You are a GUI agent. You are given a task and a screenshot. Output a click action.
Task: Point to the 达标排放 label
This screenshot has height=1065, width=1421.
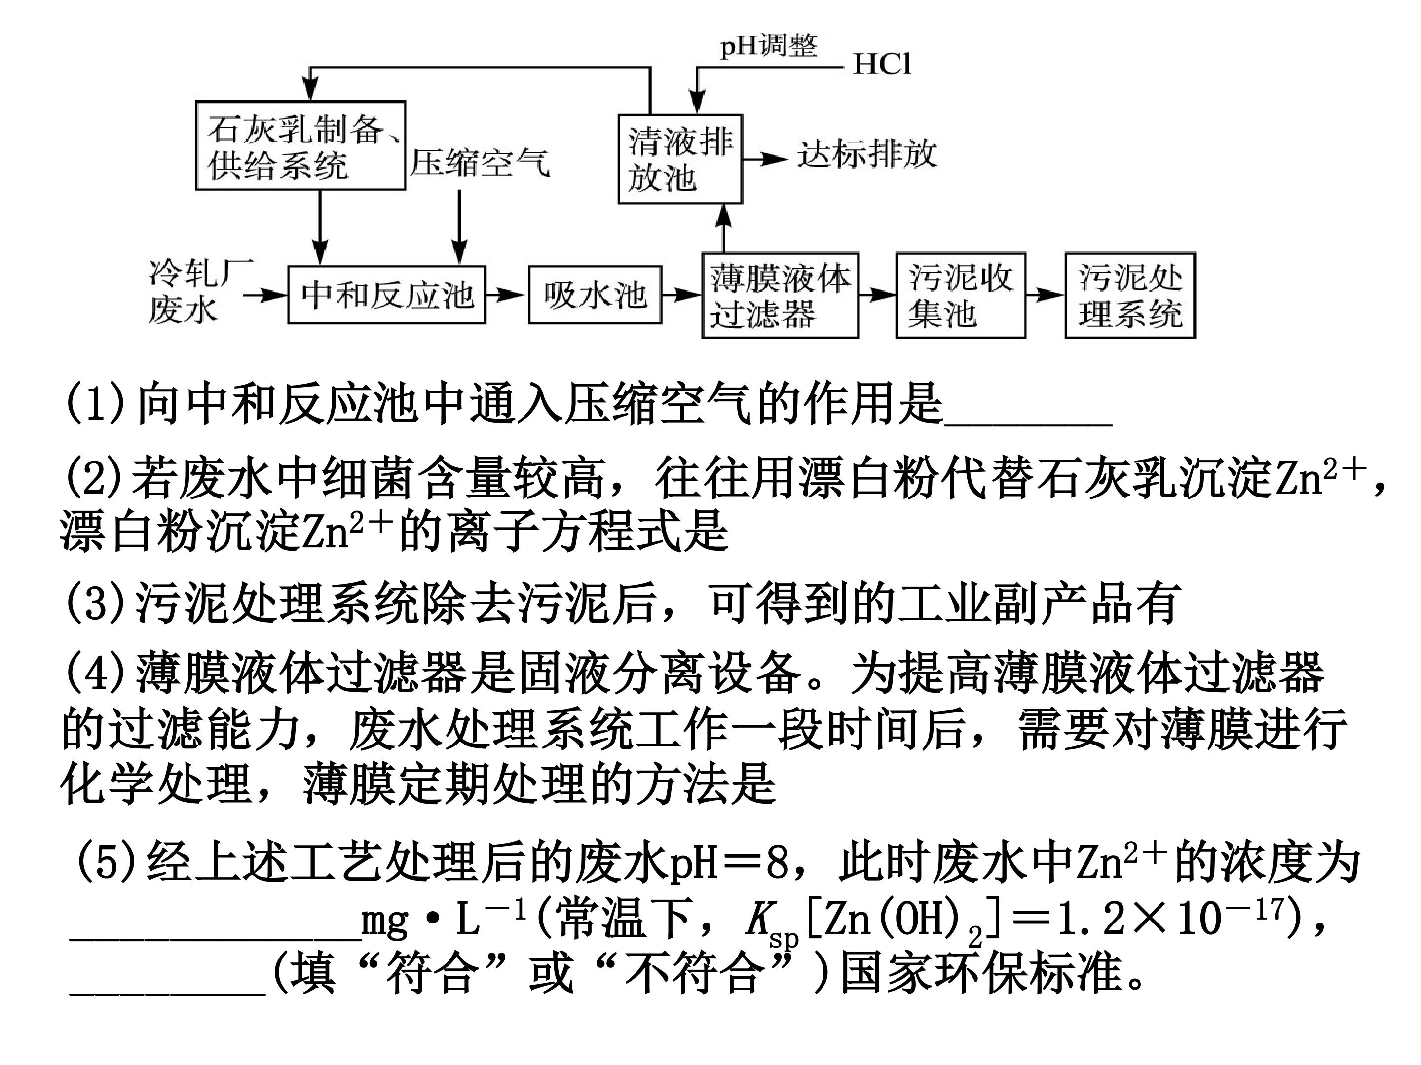(x=867, y=155)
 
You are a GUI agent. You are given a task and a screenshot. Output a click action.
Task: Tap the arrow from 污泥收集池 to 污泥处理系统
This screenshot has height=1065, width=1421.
(x=1045, y=295)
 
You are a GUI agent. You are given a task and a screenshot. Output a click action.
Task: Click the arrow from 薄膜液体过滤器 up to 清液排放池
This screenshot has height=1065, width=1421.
(x=724, y=229)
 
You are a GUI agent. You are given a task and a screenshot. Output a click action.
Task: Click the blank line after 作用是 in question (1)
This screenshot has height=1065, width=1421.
(x=1028, y=425)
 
